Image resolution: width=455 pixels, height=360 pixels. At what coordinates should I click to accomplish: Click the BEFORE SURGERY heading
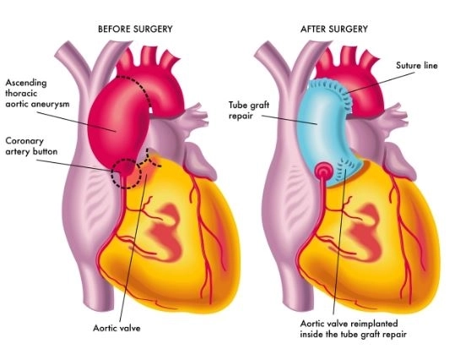(135, 29)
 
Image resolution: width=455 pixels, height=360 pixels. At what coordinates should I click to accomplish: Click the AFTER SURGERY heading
(334, 29)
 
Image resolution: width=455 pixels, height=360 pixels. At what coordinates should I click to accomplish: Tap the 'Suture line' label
(417, 65)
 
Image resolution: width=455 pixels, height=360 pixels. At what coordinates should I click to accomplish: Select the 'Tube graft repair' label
(249, 110)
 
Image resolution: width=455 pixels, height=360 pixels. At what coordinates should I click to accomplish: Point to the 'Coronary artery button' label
(31, 146)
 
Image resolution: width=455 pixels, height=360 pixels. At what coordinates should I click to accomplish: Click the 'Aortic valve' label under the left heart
(116, 328)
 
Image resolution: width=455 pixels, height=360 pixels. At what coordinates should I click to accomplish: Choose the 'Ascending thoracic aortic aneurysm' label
(37, 93)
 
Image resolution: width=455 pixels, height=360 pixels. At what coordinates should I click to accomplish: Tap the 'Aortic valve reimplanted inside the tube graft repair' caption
(353, 329)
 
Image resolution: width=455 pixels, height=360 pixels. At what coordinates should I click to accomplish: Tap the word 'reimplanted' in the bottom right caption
(374, 324)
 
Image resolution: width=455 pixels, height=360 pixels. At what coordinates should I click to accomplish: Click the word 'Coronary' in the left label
(24, 141)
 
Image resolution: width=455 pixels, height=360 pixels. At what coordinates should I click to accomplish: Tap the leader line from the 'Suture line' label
(381, 83)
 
